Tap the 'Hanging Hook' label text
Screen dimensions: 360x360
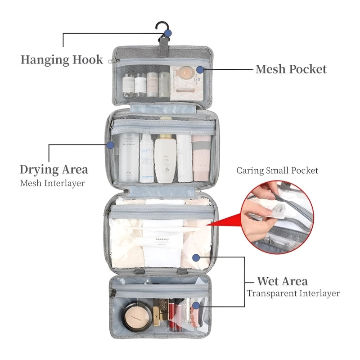(x=62, y=60)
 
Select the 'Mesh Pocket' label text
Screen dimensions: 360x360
(x=291, y=69)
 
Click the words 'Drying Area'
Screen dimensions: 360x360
(x=54, y=170)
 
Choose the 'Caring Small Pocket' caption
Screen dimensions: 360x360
(x=277, y=171)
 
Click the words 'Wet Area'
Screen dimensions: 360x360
(x=282, y=282)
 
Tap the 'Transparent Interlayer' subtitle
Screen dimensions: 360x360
(x=293, y=293)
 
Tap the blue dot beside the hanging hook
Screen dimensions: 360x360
(x=167, y=33)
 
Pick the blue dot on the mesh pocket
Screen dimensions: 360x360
(x=199, y=70)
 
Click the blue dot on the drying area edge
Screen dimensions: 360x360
(x=110, y=145)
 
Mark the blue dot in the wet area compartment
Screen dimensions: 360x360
(x=195, y=257)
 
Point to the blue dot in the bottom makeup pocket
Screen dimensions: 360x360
(x=195, y=306)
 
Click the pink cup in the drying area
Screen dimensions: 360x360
(x=201, y=157)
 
